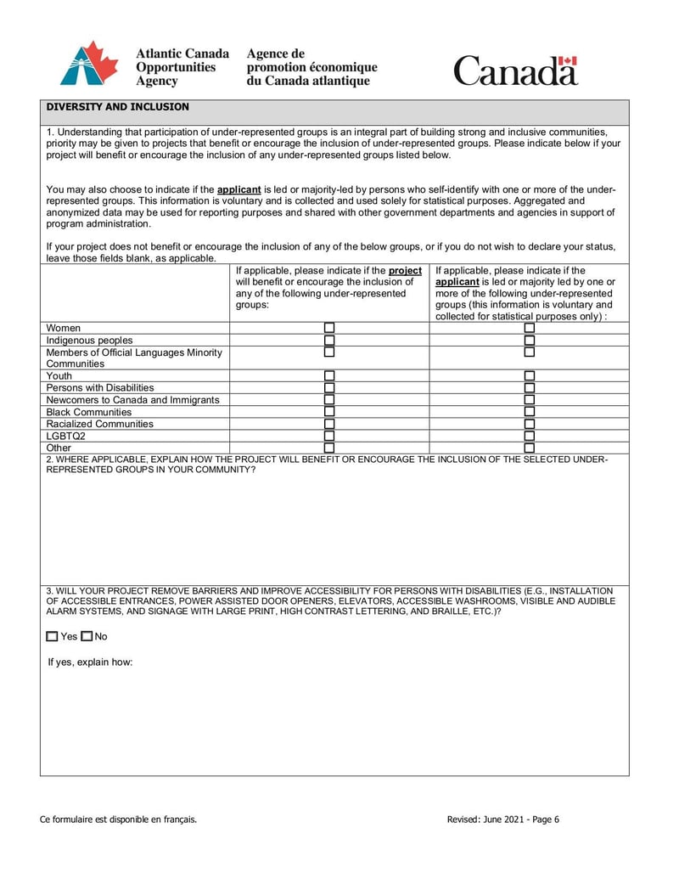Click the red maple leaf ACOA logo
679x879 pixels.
pos(89,63)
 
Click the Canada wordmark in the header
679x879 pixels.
pos(515,70)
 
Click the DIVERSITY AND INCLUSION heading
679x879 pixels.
pos(117,107)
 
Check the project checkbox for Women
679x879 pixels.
pos(329,328)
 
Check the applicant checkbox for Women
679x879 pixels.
pos(530,328)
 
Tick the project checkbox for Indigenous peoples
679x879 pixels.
pos(329,340)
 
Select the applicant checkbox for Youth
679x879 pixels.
pos(530,375)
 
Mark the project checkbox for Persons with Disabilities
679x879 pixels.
pos(329,387)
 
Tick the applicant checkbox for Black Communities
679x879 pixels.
pos(530,412)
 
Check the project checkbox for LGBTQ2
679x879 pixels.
pos(329,436)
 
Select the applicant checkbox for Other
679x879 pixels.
pos(530,448)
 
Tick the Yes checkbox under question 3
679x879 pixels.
pos(53,636)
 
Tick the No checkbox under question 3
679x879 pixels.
pos(87,636)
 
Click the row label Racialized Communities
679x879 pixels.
pos(100,424)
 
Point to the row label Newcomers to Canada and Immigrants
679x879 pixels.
pos(132,400)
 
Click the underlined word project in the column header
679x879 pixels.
pos(405,270)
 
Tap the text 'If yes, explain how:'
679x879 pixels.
pos(90,662)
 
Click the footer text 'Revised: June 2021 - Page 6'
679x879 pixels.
pos(503,820)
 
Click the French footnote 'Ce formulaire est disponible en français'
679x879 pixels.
pos(119,820)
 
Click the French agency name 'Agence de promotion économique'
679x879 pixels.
pos(311,60)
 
